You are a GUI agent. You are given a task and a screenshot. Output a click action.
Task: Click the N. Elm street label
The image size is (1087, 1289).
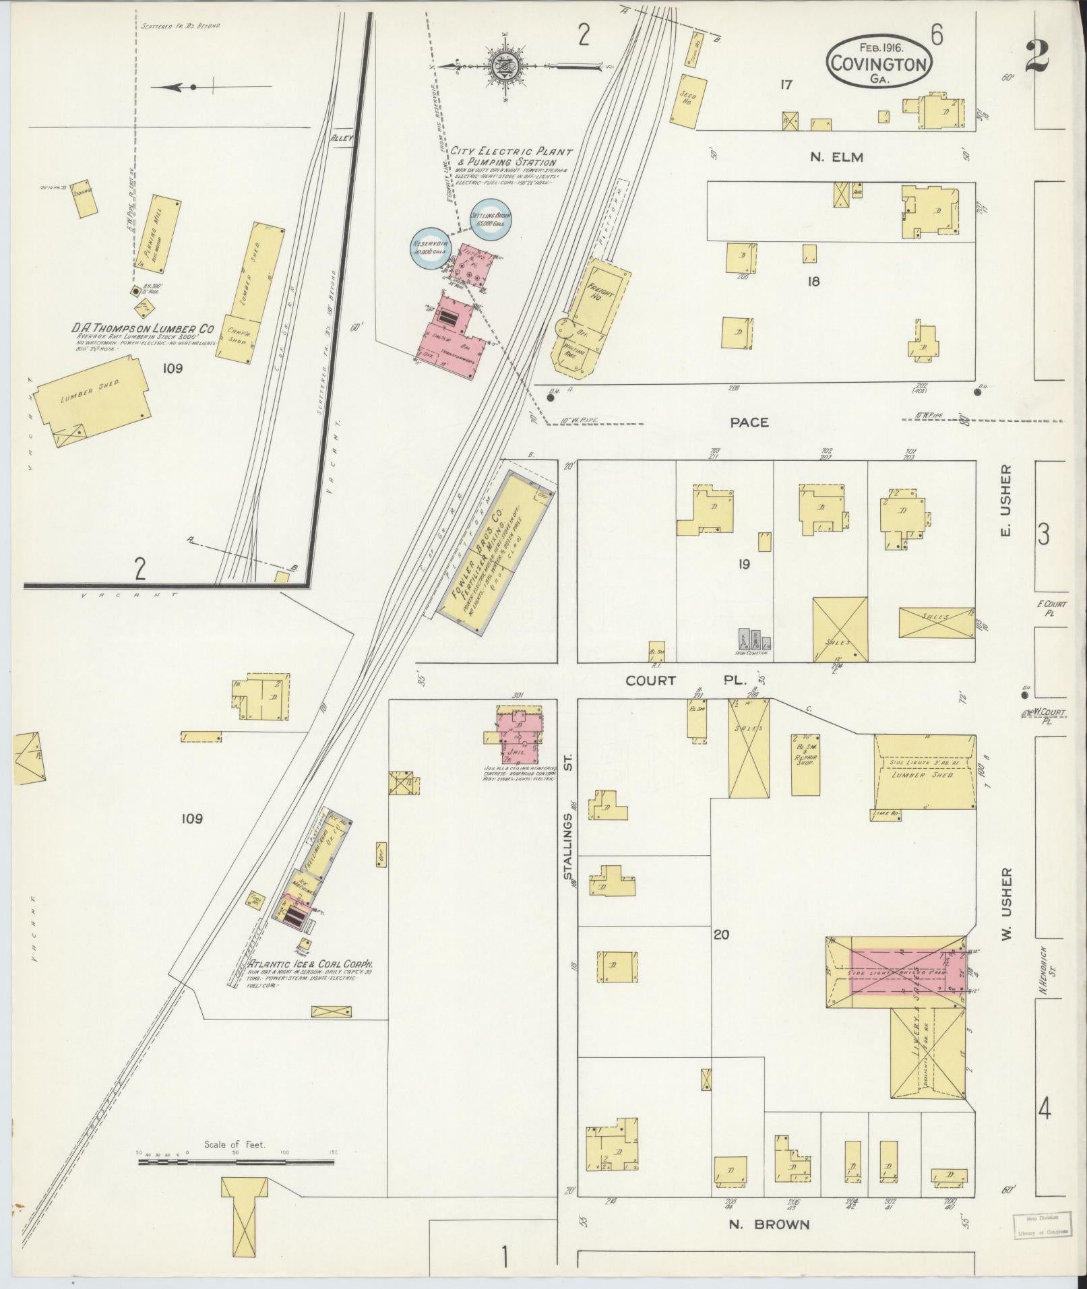coord(836,157)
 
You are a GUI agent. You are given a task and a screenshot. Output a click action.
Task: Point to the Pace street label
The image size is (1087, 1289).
coord(749,422)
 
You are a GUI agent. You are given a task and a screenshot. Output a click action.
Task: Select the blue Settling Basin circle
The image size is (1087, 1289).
coord(491,220)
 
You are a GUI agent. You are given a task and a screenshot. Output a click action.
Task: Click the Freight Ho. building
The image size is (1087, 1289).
coord(598,297)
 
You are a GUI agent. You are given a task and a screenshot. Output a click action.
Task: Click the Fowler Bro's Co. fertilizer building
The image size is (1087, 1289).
coord(494,553)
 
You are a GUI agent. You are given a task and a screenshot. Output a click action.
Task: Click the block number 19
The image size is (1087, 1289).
coord(743,565)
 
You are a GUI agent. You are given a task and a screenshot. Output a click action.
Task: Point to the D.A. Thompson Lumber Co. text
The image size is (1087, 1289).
coord(143,328)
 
